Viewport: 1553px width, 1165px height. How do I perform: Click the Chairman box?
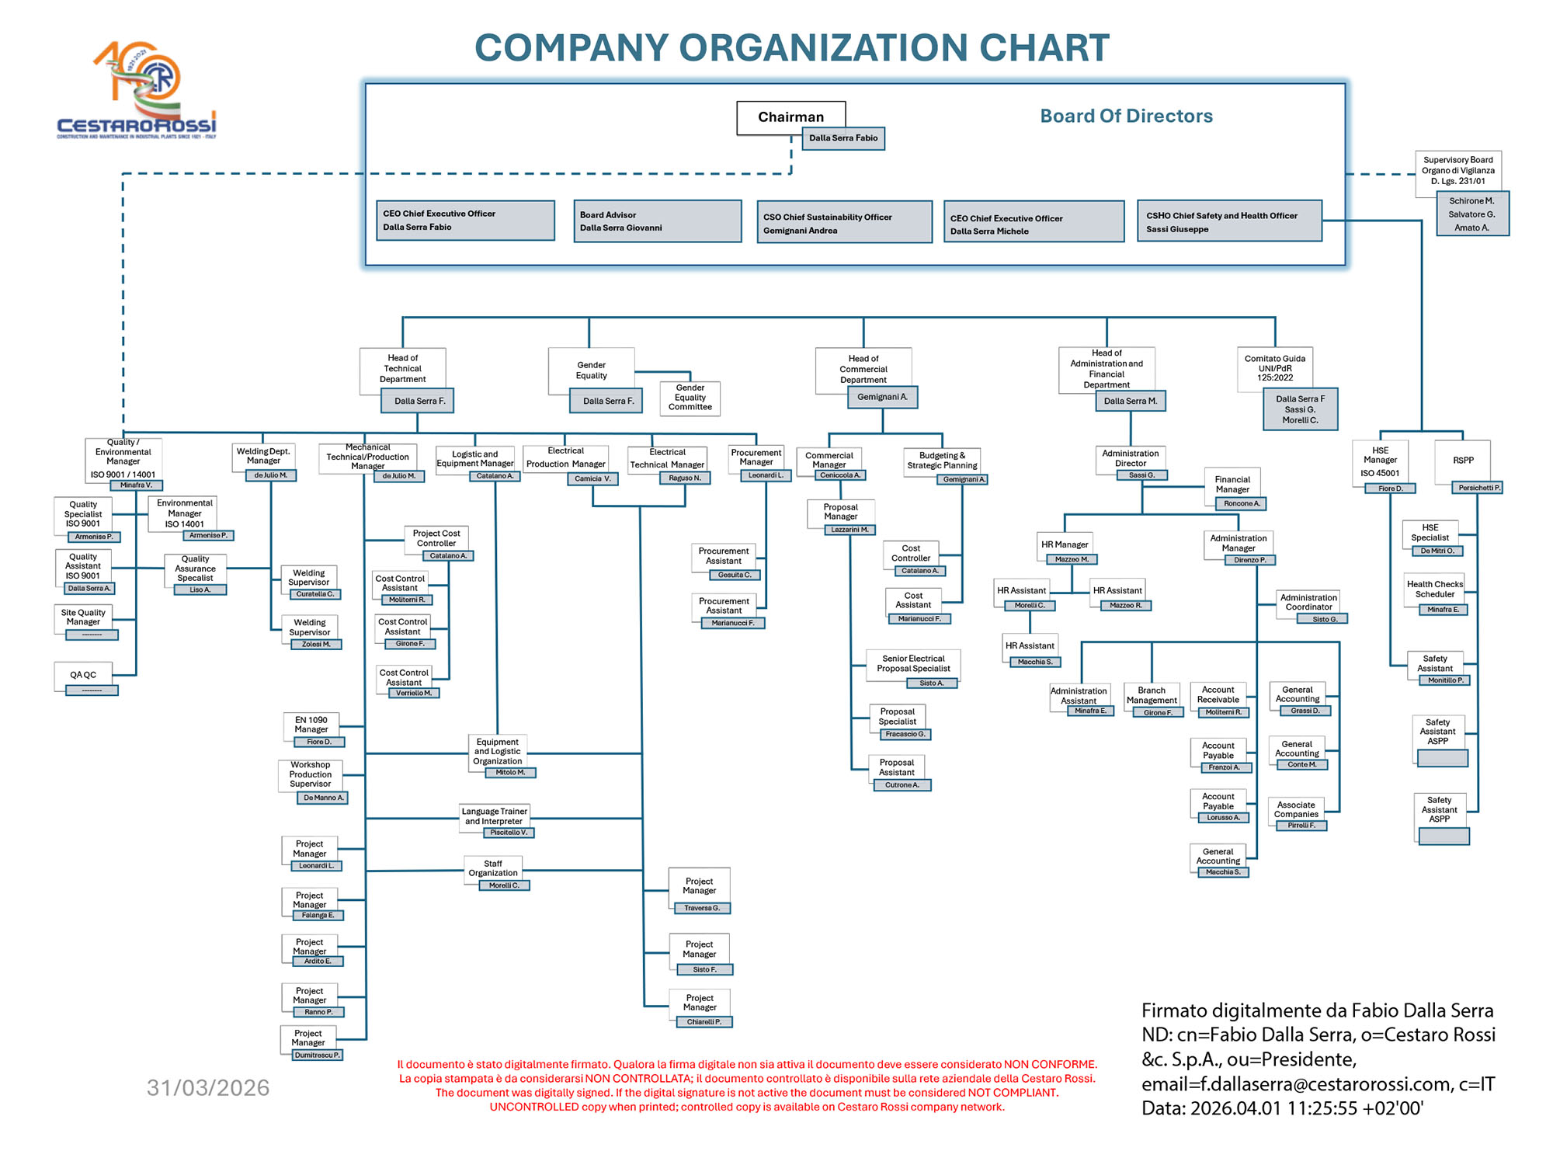790,117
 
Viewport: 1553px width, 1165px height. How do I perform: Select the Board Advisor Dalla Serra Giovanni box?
657,221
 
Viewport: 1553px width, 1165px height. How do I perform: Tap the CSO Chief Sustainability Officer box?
844,223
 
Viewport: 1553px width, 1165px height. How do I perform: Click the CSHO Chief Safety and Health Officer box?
1229,222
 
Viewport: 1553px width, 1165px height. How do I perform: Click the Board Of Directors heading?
1126,116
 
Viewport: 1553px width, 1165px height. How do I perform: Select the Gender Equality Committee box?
690,398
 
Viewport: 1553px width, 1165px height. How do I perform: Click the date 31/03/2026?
208,1087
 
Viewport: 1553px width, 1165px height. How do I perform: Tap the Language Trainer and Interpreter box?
495,816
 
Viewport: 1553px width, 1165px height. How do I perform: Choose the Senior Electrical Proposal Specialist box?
913,663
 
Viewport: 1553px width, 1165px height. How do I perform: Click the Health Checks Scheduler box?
1434,589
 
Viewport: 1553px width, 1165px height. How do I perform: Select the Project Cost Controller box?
436,538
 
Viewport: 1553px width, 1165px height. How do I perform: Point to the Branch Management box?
1152,695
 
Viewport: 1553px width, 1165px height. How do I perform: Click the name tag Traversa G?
701,908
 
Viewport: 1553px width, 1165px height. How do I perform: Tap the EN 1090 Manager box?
311,725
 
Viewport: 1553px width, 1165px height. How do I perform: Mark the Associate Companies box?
1296,809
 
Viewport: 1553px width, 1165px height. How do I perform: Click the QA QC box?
83,675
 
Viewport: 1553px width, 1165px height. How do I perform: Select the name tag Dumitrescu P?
317,1055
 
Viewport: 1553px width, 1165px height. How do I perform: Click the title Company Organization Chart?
791,48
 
